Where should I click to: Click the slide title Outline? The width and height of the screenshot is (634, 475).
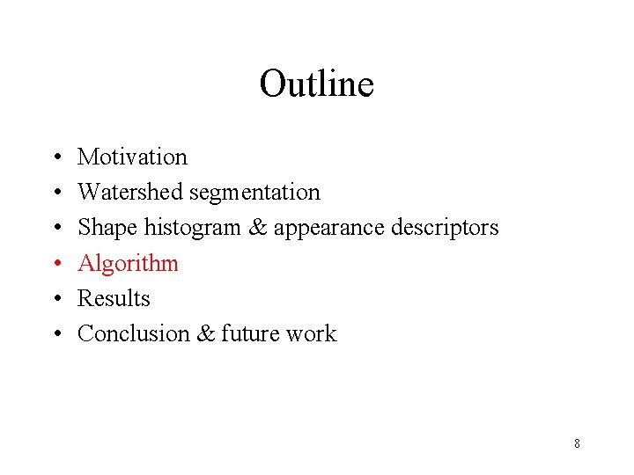tap(316, 84)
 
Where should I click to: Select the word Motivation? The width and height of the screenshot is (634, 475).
tap(132, 157)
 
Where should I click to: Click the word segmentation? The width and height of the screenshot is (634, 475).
tap(255, 193)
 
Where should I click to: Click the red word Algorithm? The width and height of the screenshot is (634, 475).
tap(128, 263)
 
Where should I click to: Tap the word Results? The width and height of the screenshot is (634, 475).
tap(114, 298)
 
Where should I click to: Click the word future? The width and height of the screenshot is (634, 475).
tap(250, 333)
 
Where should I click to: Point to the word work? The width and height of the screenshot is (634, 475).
tap(312, 333)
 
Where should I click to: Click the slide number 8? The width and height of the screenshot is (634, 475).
tap(577, 443)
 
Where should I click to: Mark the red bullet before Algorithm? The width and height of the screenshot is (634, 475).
tap(56, 264)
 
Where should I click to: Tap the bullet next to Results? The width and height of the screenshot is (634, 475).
tap(56, 299)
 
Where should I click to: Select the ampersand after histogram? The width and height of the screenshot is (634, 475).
tap(257, 228)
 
